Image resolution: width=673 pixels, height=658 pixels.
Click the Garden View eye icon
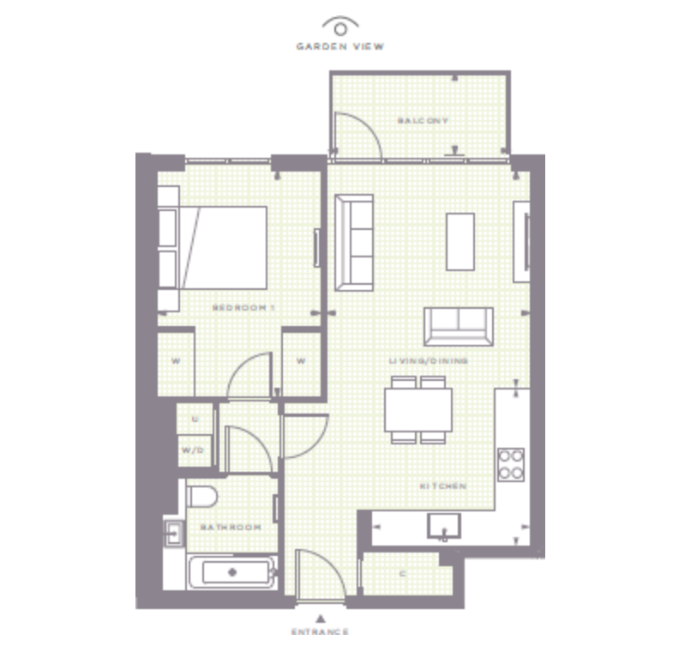tap(340, 27)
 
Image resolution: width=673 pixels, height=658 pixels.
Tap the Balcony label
tap(423, 121)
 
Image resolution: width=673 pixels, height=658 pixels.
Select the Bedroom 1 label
tap(243, 307)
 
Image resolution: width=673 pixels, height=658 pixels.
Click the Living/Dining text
tap(428, 361)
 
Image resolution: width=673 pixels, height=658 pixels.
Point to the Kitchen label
tap(443, 486)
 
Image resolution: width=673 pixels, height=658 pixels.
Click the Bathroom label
tap(231, 527)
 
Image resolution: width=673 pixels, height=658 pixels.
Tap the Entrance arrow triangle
tap(320, 619)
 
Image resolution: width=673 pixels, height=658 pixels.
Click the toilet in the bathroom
tap(202, 497)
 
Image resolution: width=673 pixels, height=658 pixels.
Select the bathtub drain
tap(232, 572)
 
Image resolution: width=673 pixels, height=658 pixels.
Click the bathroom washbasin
tap(174, 534)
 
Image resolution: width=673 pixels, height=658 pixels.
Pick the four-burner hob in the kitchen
tap(511, 464)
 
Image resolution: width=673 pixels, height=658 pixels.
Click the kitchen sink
tap(444, 526)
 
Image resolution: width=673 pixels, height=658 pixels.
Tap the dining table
tap(418, 410)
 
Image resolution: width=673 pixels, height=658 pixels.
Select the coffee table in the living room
tap(460, 242)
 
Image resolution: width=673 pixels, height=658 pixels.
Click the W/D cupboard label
tap(193, 450)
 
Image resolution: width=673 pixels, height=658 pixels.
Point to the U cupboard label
tap(195, 419)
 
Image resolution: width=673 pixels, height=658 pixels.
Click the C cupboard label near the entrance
tap(403, 574)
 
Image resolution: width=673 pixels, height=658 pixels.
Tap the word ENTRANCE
tap(320, 631)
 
